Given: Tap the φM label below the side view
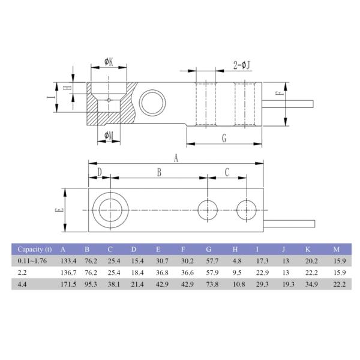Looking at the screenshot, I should (108, 136).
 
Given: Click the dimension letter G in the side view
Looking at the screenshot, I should (223, 138).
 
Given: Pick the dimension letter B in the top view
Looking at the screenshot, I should (159, 172).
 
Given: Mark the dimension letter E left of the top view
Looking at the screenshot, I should (58, 211).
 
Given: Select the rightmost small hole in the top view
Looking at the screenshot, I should (246, 210).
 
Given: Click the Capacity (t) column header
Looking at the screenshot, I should (34, 248).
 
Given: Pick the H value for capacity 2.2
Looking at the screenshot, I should (236, 272).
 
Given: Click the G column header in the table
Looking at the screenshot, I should (209, 248).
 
